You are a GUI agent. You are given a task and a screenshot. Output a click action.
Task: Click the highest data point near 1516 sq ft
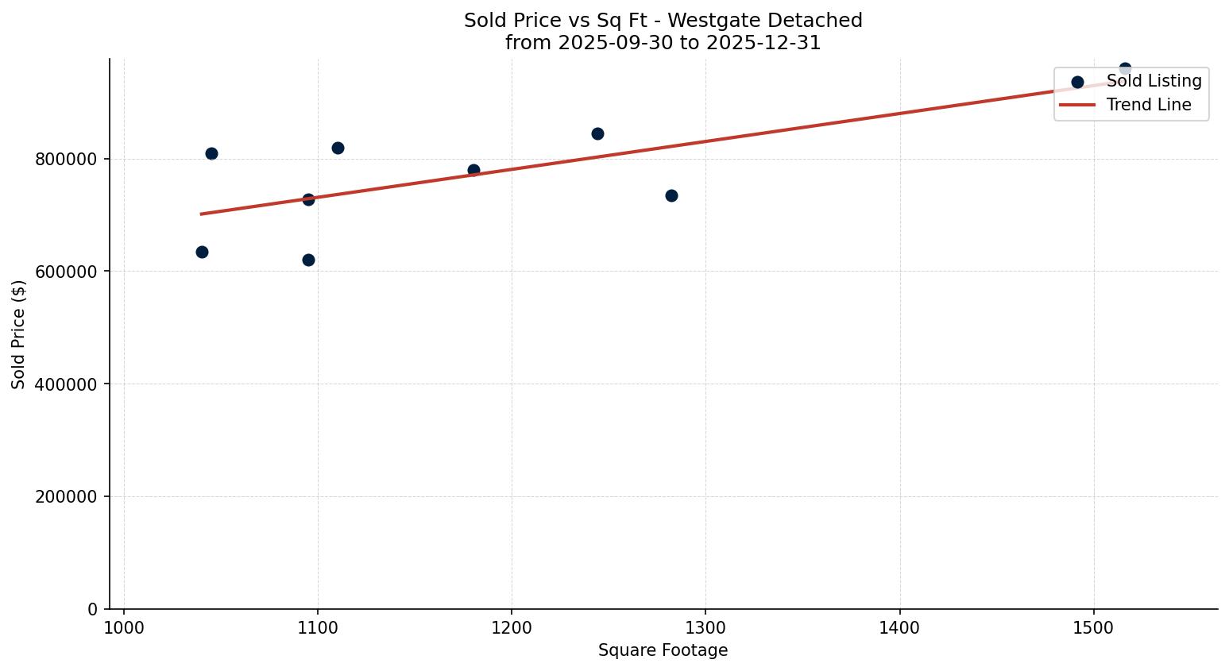[x=1125, y=69]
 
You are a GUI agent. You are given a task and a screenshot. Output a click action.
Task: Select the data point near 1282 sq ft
[x=671, y=195]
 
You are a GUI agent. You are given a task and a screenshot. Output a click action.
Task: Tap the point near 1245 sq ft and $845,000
[x=597, y=133]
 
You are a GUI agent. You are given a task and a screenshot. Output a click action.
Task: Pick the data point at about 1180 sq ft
[x=473, y=170]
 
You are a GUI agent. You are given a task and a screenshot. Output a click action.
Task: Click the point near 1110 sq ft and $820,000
[x=338, y=148]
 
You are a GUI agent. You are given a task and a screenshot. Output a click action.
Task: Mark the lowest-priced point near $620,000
[x=308, y=260]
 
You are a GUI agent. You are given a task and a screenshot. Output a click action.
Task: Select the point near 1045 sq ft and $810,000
[x=211, y=153]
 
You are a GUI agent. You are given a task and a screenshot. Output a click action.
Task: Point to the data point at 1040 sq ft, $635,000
[x=202, y=252]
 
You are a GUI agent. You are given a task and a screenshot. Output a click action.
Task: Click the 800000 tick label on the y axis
[x=66, y=160]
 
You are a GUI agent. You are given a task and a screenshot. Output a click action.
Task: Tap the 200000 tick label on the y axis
[x=66, y=497]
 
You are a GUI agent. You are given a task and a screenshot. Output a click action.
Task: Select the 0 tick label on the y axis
[x=92, y=610]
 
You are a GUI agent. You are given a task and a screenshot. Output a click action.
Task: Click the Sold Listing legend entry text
[x=1154, y=81]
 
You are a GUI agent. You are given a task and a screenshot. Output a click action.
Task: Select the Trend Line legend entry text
[x=1149, y=105]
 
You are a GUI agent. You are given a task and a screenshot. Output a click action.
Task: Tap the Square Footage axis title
[x=663, y=651]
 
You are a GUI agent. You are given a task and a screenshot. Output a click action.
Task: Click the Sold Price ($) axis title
[x=19, y=334]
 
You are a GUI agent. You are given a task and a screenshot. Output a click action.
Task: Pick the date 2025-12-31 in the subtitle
[x=767, y=43]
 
